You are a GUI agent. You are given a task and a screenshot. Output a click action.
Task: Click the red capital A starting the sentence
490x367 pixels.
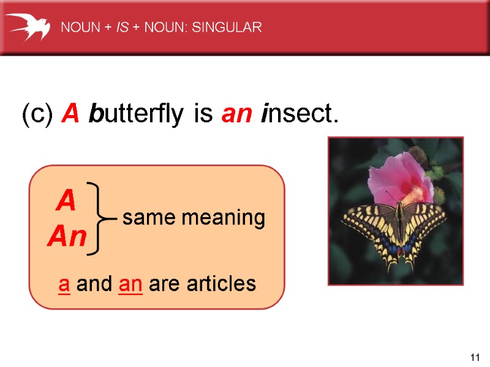(71, 114)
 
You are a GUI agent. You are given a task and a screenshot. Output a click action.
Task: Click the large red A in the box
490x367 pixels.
(66, 201)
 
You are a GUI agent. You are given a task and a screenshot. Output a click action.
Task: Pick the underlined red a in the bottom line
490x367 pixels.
(64, 284)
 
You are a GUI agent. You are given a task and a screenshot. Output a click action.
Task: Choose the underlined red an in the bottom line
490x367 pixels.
(130, 284)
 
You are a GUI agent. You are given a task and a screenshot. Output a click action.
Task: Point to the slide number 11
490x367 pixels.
(473, 357)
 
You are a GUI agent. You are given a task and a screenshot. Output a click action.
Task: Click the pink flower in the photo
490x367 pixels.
(398, 177)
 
